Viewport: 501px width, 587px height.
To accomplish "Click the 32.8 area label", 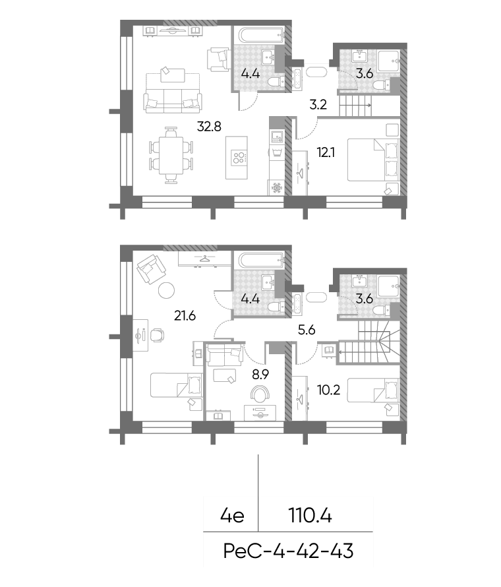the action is click(209, 127).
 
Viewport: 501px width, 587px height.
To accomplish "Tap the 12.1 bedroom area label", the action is click(326, 152).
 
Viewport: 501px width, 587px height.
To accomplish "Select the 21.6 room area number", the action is click(185, 316).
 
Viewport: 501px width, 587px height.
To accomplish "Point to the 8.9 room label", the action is click(260, 374).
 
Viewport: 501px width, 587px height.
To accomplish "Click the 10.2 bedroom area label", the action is click(328, 390).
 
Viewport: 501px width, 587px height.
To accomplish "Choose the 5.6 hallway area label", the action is click(307, 330).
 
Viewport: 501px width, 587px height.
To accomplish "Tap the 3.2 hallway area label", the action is click(318, 104).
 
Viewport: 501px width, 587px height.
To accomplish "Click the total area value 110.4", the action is click(310, 516).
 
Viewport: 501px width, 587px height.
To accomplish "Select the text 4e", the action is click(232, 516).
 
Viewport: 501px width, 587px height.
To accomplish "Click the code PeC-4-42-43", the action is click(288, 551).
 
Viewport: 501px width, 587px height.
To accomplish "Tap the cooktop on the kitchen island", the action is click(239, 157).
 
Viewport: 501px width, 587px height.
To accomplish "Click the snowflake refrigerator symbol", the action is click(277, 187).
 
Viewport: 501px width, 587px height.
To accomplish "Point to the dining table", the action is click(171, 156).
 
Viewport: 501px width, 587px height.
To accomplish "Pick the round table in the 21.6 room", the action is click(165, 290).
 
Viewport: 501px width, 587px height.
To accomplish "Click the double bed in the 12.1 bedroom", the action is click(374, 160).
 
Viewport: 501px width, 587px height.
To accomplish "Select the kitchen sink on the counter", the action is click(277, 137).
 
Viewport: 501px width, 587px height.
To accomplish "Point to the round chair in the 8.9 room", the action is click(260, 394).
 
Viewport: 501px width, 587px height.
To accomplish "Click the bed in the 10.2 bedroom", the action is click(374, 390).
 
